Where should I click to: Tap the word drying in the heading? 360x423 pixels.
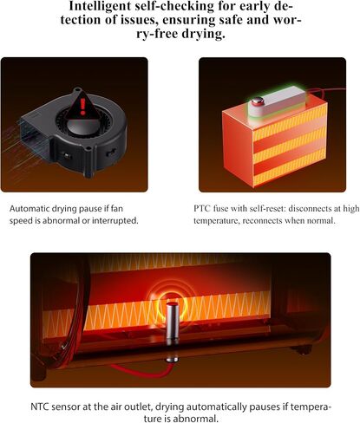203,34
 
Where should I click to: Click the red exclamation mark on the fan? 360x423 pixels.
83,107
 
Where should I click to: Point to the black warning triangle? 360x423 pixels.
82,106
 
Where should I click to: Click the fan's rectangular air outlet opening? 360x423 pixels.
32,135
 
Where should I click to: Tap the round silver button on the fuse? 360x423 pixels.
258,101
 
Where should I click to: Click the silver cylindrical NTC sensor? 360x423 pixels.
173,321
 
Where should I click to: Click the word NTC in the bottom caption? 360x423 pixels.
39,407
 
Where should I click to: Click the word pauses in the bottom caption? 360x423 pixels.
265,407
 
